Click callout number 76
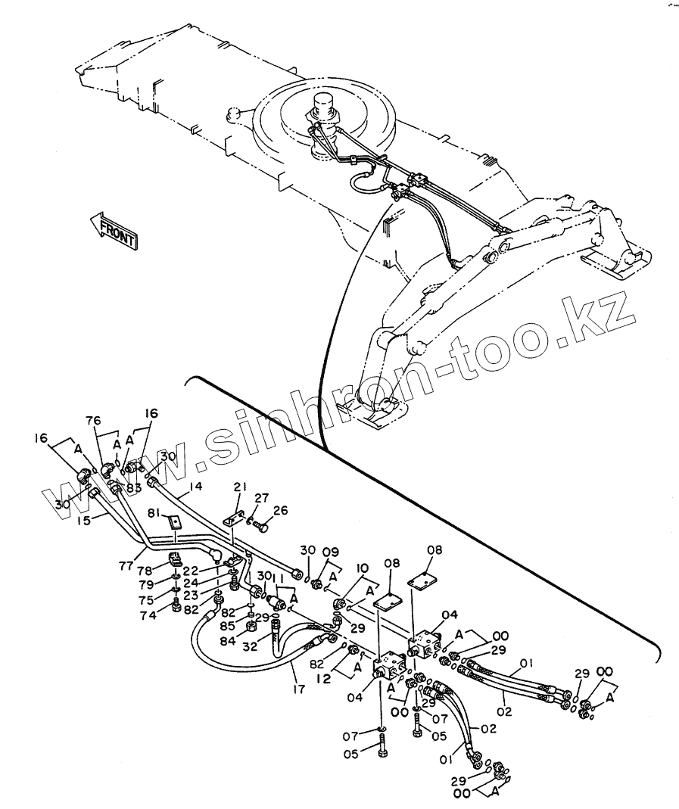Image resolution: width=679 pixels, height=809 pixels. pos(92,422)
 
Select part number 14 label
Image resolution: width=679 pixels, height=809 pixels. pos(196,487)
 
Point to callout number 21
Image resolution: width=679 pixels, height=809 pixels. pos(241,487)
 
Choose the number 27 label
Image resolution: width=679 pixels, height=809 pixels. pos(261,498)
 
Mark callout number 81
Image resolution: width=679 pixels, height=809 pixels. pos(154,514)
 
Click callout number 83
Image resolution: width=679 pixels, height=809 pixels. pos(134,488)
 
